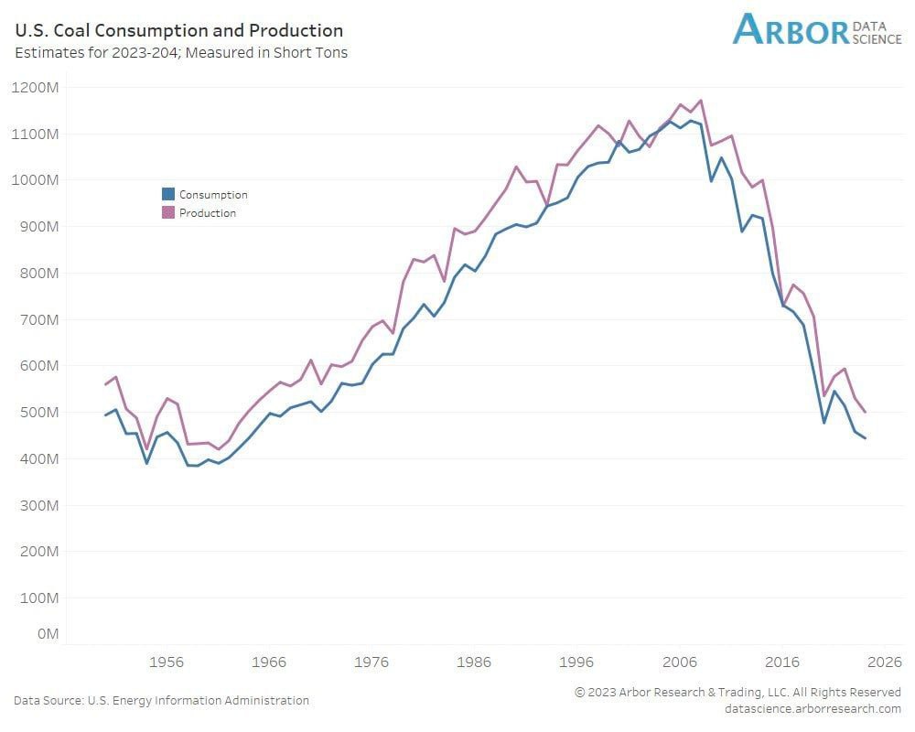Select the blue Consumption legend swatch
pos(168,194)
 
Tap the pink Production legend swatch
pos(168,212)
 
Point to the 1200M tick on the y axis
pos(37,87)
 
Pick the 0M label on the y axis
pos(48,634)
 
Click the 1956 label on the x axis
pos(166,662)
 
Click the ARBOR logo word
pos(791,29)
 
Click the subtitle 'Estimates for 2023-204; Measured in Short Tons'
pos(181,52)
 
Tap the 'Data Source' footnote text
pos(161,700)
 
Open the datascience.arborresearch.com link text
pos(813,708)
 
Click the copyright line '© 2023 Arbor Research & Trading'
pos(737,692)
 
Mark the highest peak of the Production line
pos(701,101)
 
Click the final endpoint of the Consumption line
pos(865,438)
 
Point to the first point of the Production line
pos(106,384)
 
